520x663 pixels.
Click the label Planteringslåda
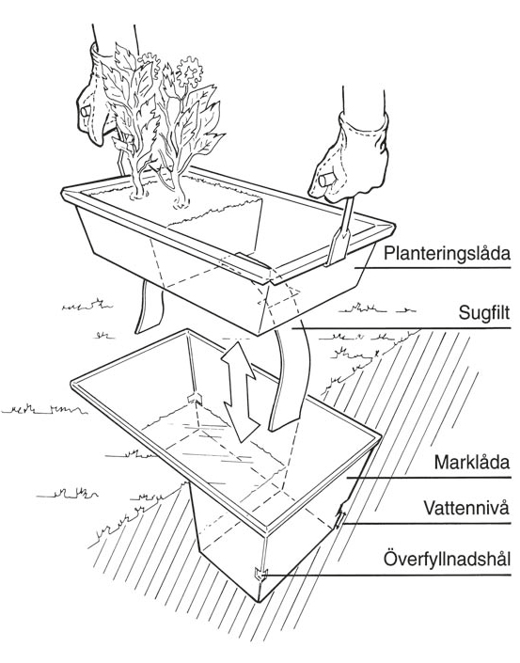447,253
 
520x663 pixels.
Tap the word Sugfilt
484,314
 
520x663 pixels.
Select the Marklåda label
472,462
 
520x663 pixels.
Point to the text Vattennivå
466,508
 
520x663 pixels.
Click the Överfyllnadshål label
447,559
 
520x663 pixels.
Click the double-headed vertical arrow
240,391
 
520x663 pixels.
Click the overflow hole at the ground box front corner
260,575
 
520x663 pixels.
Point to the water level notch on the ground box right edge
340,516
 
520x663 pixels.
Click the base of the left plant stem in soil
138,194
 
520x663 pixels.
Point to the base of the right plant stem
181,202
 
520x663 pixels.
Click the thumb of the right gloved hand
327,181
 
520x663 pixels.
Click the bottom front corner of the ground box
258,600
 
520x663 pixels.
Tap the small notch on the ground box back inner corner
196,399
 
